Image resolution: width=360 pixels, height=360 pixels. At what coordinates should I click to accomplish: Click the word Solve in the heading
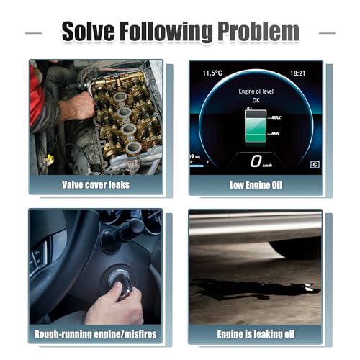[x=89, y=31]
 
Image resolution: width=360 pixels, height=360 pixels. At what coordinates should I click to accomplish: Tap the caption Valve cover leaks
[x=96, y=185]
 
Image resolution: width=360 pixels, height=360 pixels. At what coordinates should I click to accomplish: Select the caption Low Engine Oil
[x=256, y=185]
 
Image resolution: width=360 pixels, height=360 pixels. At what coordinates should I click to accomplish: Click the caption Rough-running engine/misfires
[x=95, y=334]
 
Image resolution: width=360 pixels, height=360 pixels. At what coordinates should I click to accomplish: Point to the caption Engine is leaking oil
[x=256, y=334]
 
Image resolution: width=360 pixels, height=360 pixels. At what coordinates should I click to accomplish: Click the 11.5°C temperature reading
[x=212, y=73]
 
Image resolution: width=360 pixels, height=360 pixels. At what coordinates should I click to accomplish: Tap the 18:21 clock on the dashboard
[x=297, y=73]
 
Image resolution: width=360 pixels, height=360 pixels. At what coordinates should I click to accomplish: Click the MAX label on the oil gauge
[x=276, y=117]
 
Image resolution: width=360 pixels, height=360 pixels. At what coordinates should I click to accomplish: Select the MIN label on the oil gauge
[x=276, y=133]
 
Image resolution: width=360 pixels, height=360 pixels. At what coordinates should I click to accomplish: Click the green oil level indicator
[x=256, y=130]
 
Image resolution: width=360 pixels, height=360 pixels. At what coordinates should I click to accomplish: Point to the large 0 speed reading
[x=256, y=161]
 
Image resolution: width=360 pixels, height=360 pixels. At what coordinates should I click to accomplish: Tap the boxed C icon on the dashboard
[x=315, y=165]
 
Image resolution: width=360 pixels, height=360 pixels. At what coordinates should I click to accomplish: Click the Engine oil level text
[x=256, y=91]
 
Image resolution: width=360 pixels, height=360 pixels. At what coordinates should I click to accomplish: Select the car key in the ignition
[x=125, y=286]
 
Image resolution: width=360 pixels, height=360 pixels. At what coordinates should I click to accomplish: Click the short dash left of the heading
[x=33, y=33]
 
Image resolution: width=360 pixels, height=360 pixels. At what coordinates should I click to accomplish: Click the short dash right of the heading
[x=327, y=33]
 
